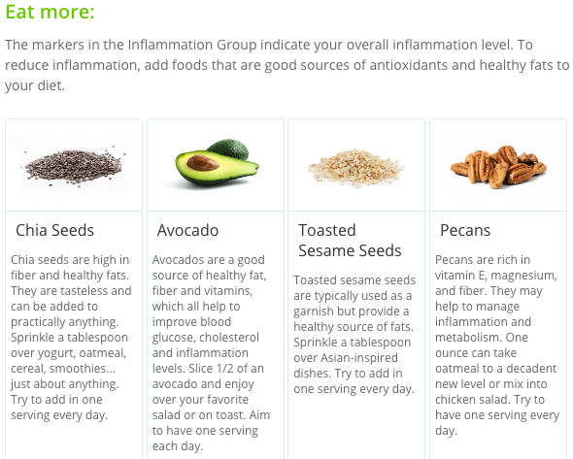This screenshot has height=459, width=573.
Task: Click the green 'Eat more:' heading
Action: [50, 12]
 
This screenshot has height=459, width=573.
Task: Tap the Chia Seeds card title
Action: [54, 230]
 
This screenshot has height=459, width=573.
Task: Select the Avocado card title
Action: [187, 230]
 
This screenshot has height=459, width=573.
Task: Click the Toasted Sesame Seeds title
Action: [350, 241]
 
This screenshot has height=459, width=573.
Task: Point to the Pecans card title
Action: [465, 230]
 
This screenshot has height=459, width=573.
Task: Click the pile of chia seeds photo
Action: [74, 167]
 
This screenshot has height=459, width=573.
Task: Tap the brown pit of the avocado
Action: [202, 163]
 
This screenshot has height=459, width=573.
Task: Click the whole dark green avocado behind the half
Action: [228, 149]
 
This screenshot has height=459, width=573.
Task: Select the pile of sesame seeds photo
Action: [355, 167]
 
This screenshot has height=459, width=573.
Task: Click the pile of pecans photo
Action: [497, 167]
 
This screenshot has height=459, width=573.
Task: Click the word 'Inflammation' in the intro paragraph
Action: [171, 45]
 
